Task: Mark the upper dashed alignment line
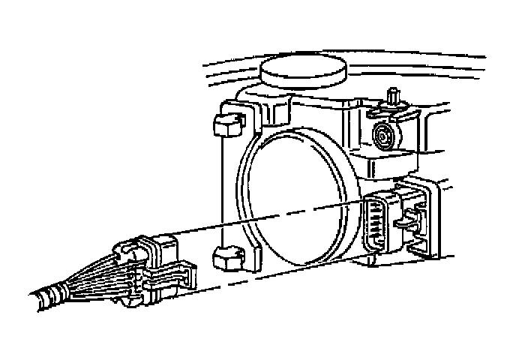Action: [270, 217]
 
